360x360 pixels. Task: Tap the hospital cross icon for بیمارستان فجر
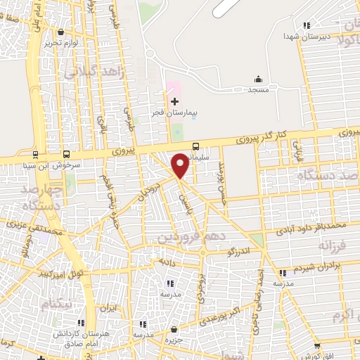(174, 102)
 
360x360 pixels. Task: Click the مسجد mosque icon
(258, 79)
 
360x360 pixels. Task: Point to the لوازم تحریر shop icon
(61, 32)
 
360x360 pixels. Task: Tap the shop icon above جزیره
(174, 329)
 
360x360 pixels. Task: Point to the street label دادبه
(167, 261)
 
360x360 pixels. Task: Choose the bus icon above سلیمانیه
(195, 146)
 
